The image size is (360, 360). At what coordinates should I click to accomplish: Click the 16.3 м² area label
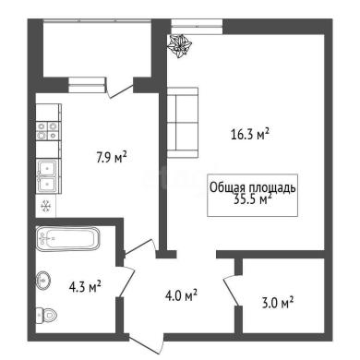point(250,135)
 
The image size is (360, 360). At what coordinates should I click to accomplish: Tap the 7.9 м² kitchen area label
point(112,157)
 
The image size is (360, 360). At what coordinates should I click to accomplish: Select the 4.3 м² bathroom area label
point(85,287)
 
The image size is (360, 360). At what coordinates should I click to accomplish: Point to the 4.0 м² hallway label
point(181,295)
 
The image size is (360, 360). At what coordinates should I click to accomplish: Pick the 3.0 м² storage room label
point(277,303)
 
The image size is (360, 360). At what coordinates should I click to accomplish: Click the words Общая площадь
point(253,187)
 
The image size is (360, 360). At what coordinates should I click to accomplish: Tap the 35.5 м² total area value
point(253,199)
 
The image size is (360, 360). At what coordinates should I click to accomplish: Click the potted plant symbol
point(180,45)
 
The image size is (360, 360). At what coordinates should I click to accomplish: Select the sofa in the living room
point(182,123)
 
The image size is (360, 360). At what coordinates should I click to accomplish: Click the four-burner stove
point(47,131)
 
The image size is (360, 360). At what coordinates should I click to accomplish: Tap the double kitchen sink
point(47,176)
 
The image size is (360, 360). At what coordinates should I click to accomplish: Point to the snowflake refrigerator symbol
point(46,206)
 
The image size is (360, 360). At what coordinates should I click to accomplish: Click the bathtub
point(68,239)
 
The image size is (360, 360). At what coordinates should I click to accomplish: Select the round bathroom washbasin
point(43,281)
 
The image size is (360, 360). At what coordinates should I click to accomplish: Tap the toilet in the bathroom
point(46,315)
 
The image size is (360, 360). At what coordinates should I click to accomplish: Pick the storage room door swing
point(231,291)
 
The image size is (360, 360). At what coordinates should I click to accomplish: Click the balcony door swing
point(119,88)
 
